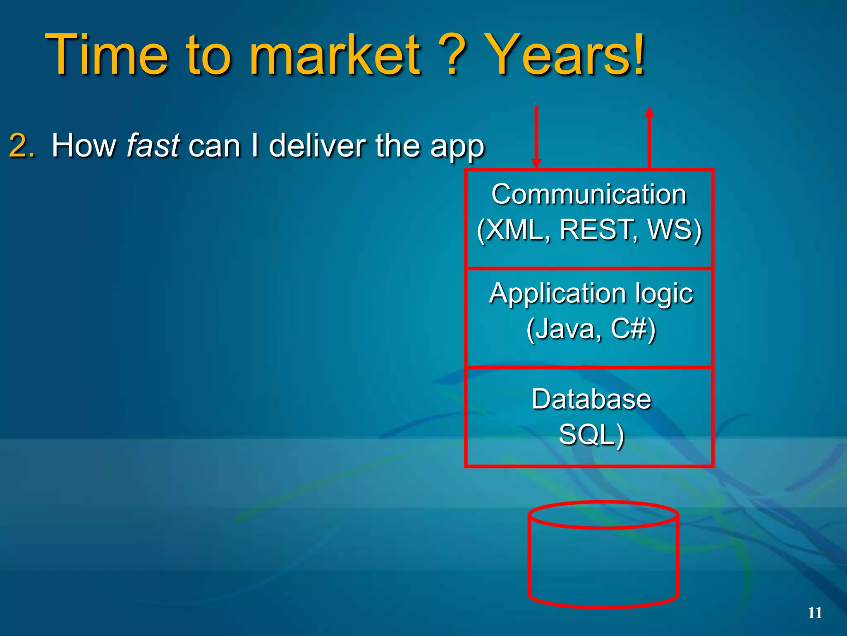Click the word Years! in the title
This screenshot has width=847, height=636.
pos(565,55)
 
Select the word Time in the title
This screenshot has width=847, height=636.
pos(107,55)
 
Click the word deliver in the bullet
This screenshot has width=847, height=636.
pos(317,146)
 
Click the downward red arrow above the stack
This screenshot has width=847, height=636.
pos(536,137)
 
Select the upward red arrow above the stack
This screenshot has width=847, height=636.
pos(649,137)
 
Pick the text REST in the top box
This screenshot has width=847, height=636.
pos(596,229)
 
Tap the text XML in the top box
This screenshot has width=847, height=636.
pos(515,229)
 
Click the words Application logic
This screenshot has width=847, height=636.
pos(591,294)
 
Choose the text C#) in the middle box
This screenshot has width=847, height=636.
pos(633,329)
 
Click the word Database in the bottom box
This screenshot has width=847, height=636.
pos(591,399)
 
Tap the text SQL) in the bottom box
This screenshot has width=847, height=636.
pos(591,435)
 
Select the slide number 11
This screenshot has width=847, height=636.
pos(815,613)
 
